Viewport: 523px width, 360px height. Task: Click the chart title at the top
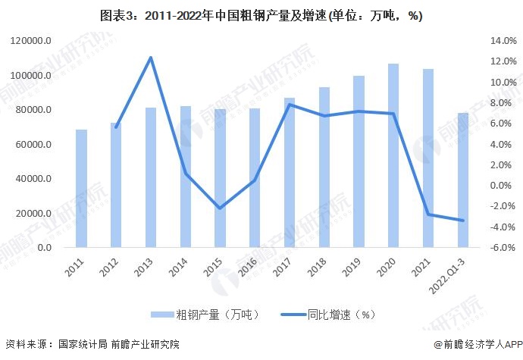click(261, 14)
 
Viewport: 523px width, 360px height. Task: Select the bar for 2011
click(81, 189)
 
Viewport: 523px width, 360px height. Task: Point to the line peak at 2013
click(150, 58)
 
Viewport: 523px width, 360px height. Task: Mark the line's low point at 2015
click(220, 208)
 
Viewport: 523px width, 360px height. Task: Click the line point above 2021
click(428, 214)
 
